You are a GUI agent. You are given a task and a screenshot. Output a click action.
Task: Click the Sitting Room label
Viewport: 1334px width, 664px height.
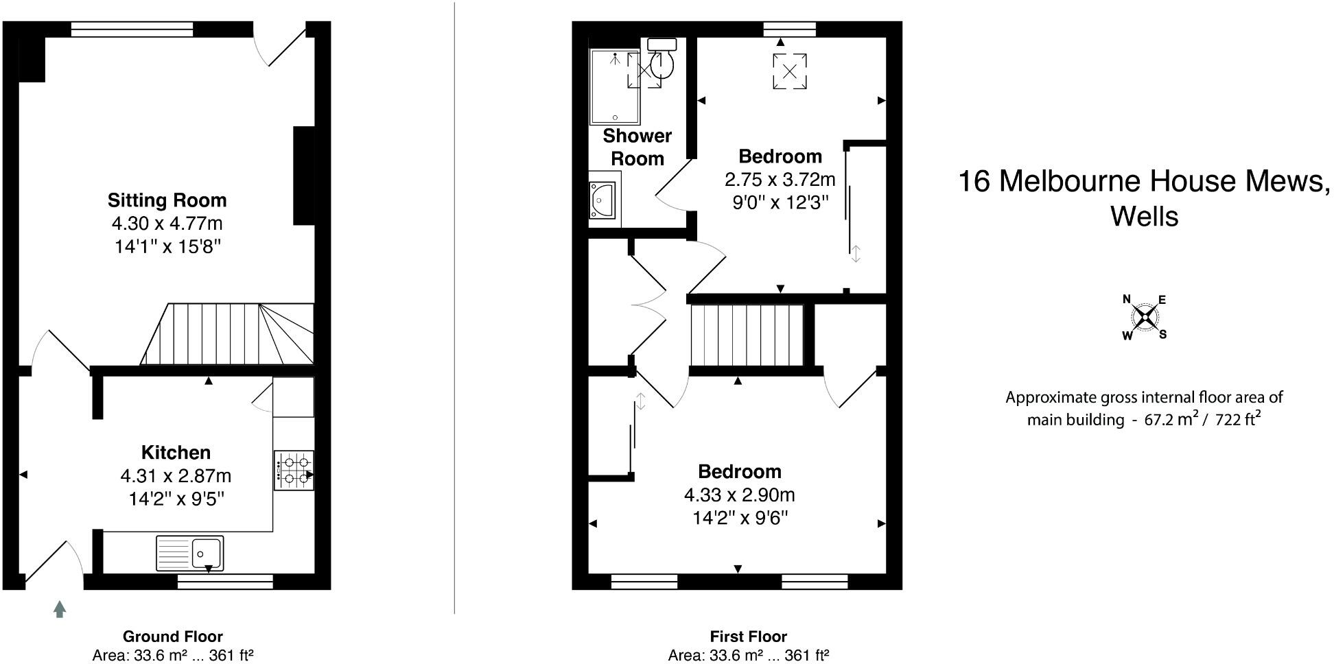(x=167, y=200)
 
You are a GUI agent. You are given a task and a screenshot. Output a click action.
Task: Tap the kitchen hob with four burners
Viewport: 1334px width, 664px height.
(x=294, y=470)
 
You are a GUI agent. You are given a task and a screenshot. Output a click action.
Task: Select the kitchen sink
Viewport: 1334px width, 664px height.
(x=190, y=553)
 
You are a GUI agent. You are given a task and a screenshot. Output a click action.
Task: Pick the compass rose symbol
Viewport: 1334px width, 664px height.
(x=1144, y=317)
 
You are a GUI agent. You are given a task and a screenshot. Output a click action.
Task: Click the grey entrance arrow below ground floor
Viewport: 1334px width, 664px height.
(x=60, y=608)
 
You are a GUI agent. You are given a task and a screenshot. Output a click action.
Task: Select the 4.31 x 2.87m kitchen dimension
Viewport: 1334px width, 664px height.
(x=176, y=475)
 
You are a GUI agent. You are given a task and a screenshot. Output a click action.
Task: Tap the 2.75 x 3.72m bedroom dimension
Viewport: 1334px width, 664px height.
(x=780, y=180)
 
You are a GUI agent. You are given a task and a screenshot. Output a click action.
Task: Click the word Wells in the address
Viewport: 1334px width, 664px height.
(x=1144, y=216)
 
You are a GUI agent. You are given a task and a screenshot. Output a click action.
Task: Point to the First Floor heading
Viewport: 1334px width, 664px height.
(x=748, y=637)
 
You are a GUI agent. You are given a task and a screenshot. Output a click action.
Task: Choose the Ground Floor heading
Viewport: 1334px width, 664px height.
(x=172, y=637)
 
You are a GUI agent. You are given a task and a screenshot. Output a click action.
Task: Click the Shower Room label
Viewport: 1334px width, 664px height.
(x=637, y=147)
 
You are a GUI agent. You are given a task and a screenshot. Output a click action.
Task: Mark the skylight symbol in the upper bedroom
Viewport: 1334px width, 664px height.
(x=790, y=71)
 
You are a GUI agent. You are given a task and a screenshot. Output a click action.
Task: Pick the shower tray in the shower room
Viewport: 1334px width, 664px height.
(x=614, y=86)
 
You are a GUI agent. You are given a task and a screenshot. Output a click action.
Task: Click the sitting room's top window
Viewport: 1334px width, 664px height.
(x=132, y=29)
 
